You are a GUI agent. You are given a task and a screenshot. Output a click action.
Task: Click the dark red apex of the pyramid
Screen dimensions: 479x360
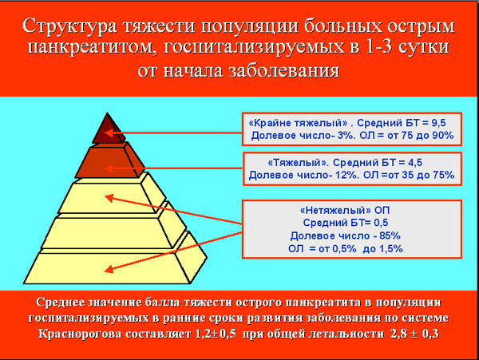(x=109, y=130)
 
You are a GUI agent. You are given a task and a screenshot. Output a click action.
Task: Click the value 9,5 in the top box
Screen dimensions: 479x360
(x=438, y=123)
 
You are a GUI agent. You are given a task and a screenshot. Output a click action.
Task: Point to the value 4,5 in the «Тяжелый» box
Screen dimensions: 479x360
(x=415, y=163)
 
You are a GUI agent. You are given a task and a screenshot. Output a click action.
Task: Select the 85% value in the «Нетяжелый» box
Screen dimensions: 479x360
(x=390, y=235)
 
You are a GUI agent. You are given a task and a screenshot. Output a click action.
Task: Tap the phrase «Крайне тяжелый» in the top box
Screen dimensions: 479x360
(x=298, y=123)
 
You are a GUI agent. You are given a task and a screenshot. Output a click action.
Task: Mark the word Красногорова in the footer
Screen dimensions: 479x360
(x=81, y=334)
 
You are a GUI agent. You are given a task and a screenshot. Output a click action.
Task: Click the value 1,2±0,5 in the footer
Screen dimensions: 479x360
(x=215, y=334)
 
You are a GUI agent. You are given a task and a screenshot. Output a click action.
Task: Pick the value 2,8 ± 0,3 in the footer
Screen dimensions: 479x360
(x=414, y=334)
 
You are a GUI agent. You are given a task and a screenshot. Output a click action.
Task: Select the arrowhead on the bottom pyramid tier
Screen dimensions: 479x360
(x=109, y=269)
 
